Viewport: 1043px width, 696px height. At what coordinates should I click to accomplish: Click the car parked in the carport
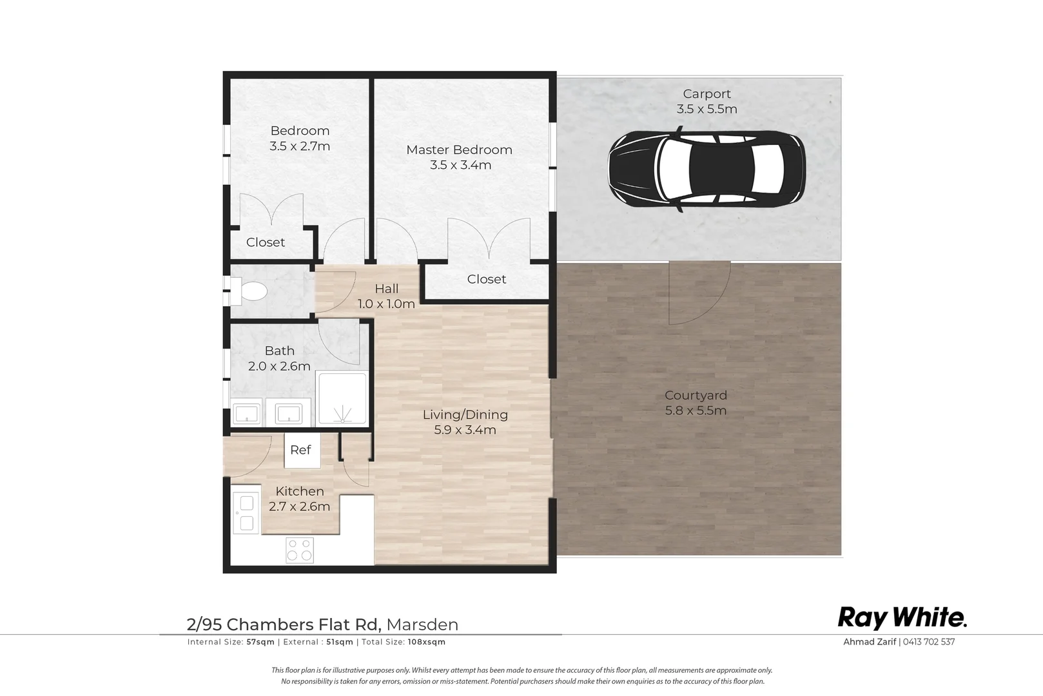(x=707, y=169)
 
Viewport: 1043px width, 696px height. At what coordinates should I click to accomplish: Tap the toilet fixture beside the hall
(x=249, y=291)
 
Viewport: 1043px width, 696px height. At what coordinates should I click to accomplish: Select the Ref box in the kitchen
(x=302, y=450)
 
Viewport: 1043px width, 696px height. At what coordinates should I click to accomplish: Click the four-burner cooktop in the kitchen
(x=299, y=550)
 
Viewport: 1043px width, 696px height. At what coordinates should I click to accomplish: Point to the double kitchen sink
(x=246, y=512)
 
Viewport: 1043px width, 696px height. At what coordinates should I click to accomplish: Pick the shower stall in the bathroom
(x=342, y=398)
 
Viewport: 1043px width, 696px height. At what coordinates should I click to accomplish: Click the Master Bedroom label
(x=459, y=150)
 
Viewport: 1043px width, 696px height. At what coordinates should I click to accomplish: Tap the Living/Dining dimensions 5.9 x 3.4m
(x=465, y=430)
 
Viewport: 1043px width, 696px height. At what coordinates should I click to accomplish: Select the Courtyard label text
(x=696, y=395)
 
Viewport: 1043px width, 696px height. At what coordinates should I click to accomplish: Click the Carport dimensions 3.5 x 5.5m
(x=707, y=109)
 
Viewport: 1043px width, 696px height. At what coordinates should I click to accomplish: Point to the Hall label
(x=387, y=289)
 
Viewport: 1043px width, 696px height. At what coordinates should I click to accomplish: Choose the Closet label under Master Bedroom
(x=487, y=279)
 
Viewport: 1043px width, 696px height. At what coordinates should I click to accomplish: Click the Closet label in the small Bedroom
(x=266, y=242)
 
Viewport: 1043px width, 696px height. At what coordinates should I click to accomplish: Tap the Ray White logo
(x=902, y=618)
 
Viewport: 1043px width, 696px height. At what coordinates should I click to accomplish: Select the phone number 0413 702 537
(x=929, y=642)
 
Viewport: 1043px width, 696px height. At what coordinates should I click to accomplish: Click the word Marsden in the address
(x=422, y=624)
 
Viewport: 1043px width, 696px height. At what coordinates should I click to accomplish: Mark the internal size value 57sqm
(x=260, y=642)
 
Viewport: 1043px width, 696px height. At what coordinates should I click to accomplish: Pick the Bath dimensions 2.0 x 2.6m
(x=279, y=367)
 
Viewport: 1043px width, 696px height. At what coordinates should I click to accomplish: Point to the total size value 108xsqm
(x=427, y=642)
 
